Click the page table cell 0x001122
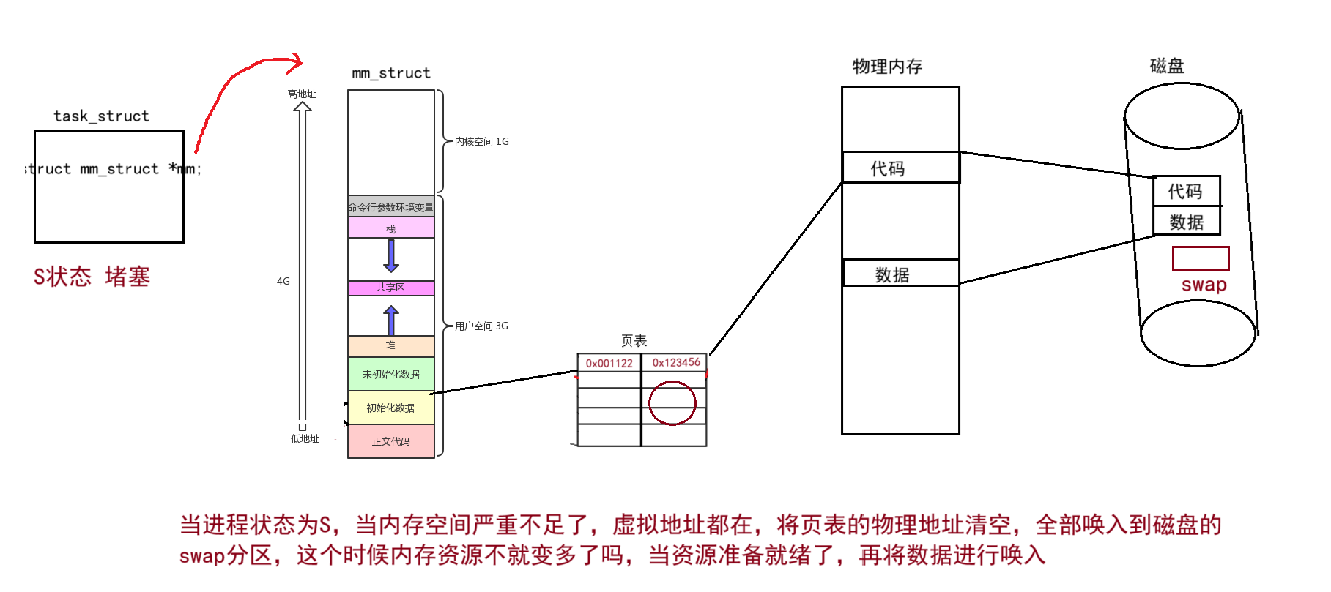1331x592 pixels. pyautogui.click(x=609, y=363)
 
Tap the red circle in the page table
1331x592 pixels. pyautogui.click(x=672, y=402)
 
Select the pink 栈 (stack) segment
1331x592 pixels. pyautogui.click(x=390, y=228)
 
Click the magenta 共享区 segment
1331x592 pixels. pyautogui.click(x=390, y=288)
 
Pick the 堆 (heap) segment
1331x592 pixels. pyautogui.click(x=390, y=345)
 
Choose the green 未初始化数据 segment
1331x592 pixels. pyautogui.click(x=390, y=374)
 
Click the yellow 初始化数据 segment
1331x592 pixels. pyautogui.click(x=390, y=408)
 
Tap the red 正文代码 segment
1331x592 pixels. pyautogui.click(x=390, y=441)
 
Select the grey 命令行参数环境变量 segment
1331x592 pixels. pyautogui.click(x=390, y=207)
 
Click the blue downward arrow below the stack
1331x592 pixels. pyautogui.click(x=391, y=256)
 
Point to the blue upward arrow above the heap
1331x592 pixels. pyautogui.click(x=391, y=320)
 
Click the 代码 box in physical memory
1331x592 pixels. pyautogui.click(x=900, y=168)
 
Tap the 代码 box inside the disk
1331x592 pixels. pyautogui.click(x=1186, y=191)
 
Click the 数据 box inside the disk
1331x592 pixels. pyautogui.click(x=1186, y=221)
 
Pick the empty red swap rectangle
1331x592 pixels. pyautogui.click(x=1200, y=258)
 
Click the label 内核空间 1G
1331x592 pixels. pyautogui.click(x=481, y=141)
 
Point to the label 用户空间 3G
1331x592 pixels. pyautogui.click(x=481, y=326)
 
